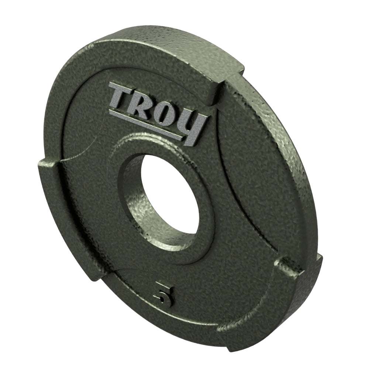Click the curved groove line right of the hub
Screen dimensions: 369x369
point(236,177)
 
